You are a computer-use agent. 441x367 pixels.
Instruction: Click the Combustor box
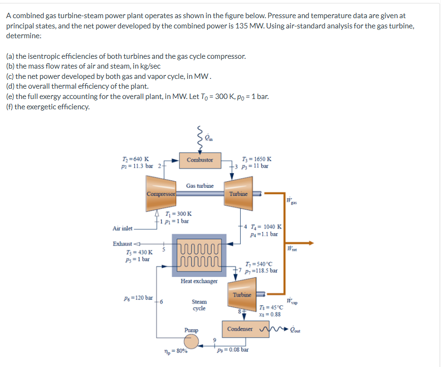click(x=200, y=160)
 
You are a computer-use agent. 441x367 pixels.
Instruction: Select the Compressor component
click(x=161, y=195)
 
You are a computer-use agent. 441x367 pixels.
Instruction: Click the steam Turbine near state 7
click(x=242, y=294)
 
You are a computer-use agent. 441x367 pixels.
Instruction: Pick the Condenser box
click(x=240, y=328)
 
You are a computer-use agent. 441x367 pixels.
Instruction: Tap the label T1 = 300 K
click(x=177, y=214)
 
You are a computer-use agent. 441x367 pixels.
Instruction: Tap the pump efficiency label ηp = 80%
click(x=175, y=351)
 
